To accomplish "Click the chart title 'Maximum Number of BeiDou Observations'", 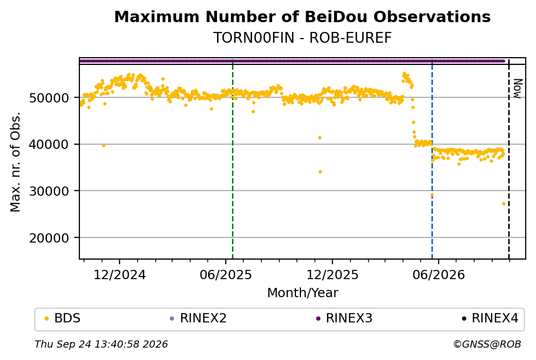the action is [302, 17].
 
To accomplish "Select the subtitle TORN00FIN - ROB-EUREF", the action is [302, 38].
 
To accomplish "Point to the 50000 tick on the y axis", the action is [49, 98].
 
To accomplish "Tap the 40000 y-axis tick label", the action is [49, 145].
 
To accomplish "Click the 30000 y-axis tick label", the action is [49, 191].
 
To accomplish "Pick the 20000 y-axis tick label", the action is [49, 238].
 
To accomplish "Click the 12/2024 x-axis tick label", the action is [120, 275].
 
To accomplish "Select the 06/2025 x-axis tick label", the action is [226, 275].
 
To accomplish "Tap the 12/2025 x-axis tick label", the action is [332, 275].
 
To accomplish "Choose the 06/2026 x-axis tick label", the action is [439, 275].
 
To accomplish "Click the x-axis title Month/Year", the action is [303, 293].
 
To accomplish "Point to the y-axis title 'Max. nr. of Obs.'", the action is [15, 162].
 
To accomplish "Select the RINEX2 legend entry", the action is [198, 318].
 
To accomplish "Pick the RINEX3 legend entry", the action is [344, 318].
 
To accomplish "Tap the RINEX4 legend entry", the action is [490, 318].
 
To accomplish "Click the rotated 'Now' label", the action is [518, 89].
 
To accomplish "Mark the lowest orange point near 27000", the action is [504, 204].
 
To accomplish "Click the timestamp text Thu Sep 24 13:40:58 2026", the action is [101, 344].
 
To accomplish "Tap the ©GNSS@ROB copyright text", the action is [487, 344].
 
